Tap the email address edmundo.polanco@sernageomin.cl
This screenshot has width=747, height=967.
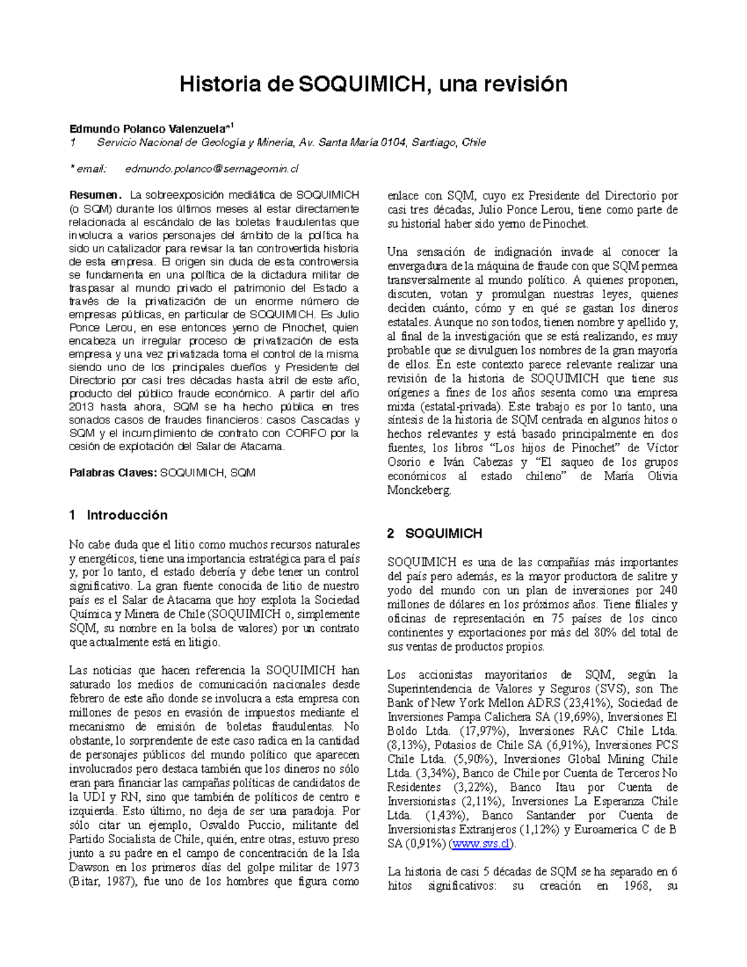tap(212, 169)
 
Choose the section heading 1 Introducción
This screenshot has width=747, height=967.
tap(118, 515)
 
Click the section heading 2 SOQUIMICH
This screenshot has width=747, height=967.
tap(435, 533)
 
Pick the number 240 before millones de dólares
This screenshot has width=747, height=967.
tap(669, 590)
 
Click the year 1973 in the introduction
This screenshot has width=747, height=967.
tap(347, 867)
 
